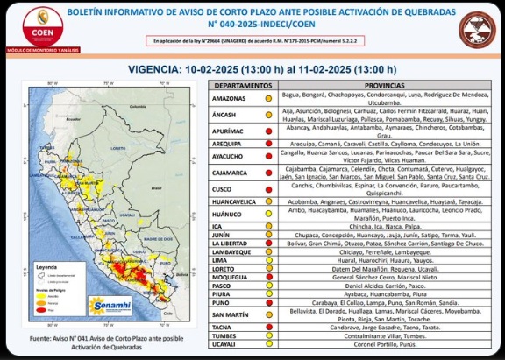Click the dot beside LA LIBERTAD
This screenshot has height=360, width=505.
pyautogui.click(x=270, y=244)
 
